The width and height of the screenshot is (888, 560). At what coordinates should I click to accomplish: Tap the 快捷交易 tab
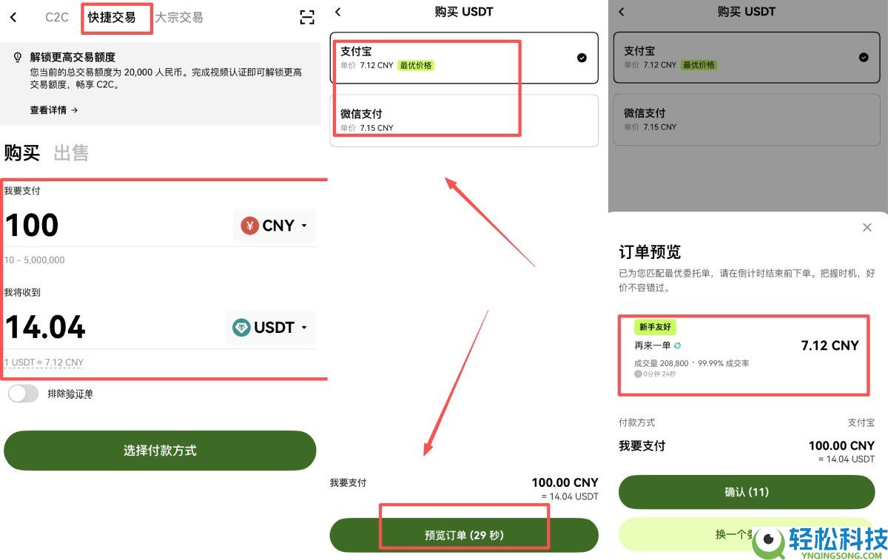[112, 18]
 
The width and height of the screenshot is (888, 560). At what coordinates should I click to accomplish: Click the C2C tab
[57, 18]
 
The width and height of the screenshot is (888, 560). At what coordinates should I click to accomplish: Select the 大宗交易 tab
[178, 18]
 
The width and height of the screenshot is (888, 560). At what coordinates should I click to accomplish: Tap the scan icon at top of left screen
[307, 18]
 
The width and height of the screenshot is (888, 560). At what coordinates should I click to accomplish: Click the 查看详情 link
[54, 110]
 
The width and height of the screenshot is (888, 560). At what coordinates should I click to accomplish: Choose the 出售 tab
[71, 153]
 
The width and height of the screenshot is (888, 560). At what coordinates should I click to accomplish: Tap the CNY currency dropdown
[275, 226]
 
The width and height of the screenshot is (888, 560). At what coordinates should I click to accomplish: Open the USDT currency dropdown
[270, 327]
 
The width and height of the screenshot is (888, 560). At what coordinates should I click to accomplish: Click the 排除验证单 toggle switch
[23, 394]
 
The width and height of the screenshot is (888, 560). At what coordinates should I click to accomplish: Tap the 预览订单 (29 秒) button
[464, 535]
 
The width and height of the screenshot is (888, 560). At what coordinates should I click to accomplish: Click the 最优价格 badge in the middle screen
[416, 65]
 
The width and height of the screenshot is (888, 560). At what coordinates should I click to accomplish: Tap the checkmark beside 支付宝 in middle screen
[582, 58]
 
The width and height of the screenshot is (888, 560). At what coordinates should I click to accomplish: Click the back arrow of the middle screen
[338, 12]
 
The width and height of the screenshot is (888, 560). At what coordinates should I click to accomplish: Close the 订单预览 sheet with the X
[867, 228]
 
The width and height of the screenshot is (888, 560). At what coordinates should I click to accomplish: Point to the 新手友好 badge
[655, 327]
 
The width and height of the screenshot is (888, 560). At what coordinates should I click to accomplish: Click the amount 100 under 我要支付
[32, 226]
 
